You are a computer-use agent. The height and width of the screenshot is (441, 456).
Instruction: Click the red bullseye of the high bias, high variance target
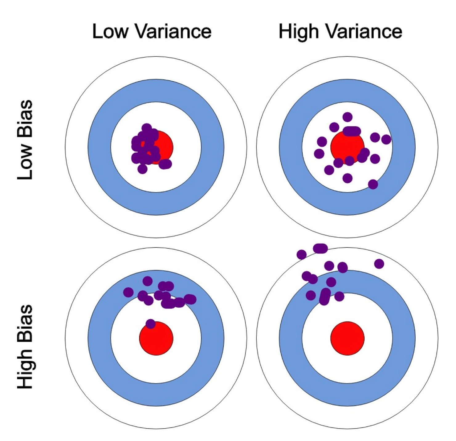pos(347,338)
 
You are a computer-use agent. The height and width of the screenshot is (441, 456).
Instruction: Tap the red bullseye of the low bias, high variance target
pos(347,147)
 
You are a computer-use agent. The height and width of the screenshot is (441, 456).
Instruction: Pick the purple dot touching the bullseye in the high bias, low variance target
pos(151,324)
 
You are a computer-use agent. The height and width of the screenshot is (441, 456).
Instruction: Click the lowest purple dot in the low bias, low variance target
pos(142,169)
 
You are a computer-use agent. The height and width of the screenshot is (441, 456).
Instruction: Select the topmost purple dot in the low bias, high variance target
pos(348,117)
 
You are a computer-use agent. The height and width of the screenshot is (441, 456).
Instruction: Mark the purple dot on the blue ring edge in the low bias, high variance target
pos(373,184)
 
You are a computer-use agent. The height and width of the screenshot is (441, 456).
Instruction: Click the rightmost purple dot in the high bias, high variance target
pos(379,264)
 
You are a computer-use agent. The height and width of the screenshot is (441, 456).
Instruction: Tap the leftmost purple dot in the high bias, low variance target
pos(128,292)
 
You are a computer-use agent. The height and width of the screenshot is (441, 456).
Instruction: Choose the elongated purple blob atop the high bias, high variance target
pos(320,248)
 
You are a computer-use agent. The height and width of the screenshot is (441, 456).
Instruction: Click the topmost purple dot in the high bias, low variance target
pos(148,281)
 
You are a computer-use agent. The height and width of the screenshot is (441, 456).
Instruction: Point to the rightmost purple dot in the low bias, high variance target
pos(386,140)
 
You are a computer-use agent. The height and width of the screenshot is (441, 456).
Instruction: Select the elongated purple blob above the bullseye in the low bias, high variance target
pos(352,131)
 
